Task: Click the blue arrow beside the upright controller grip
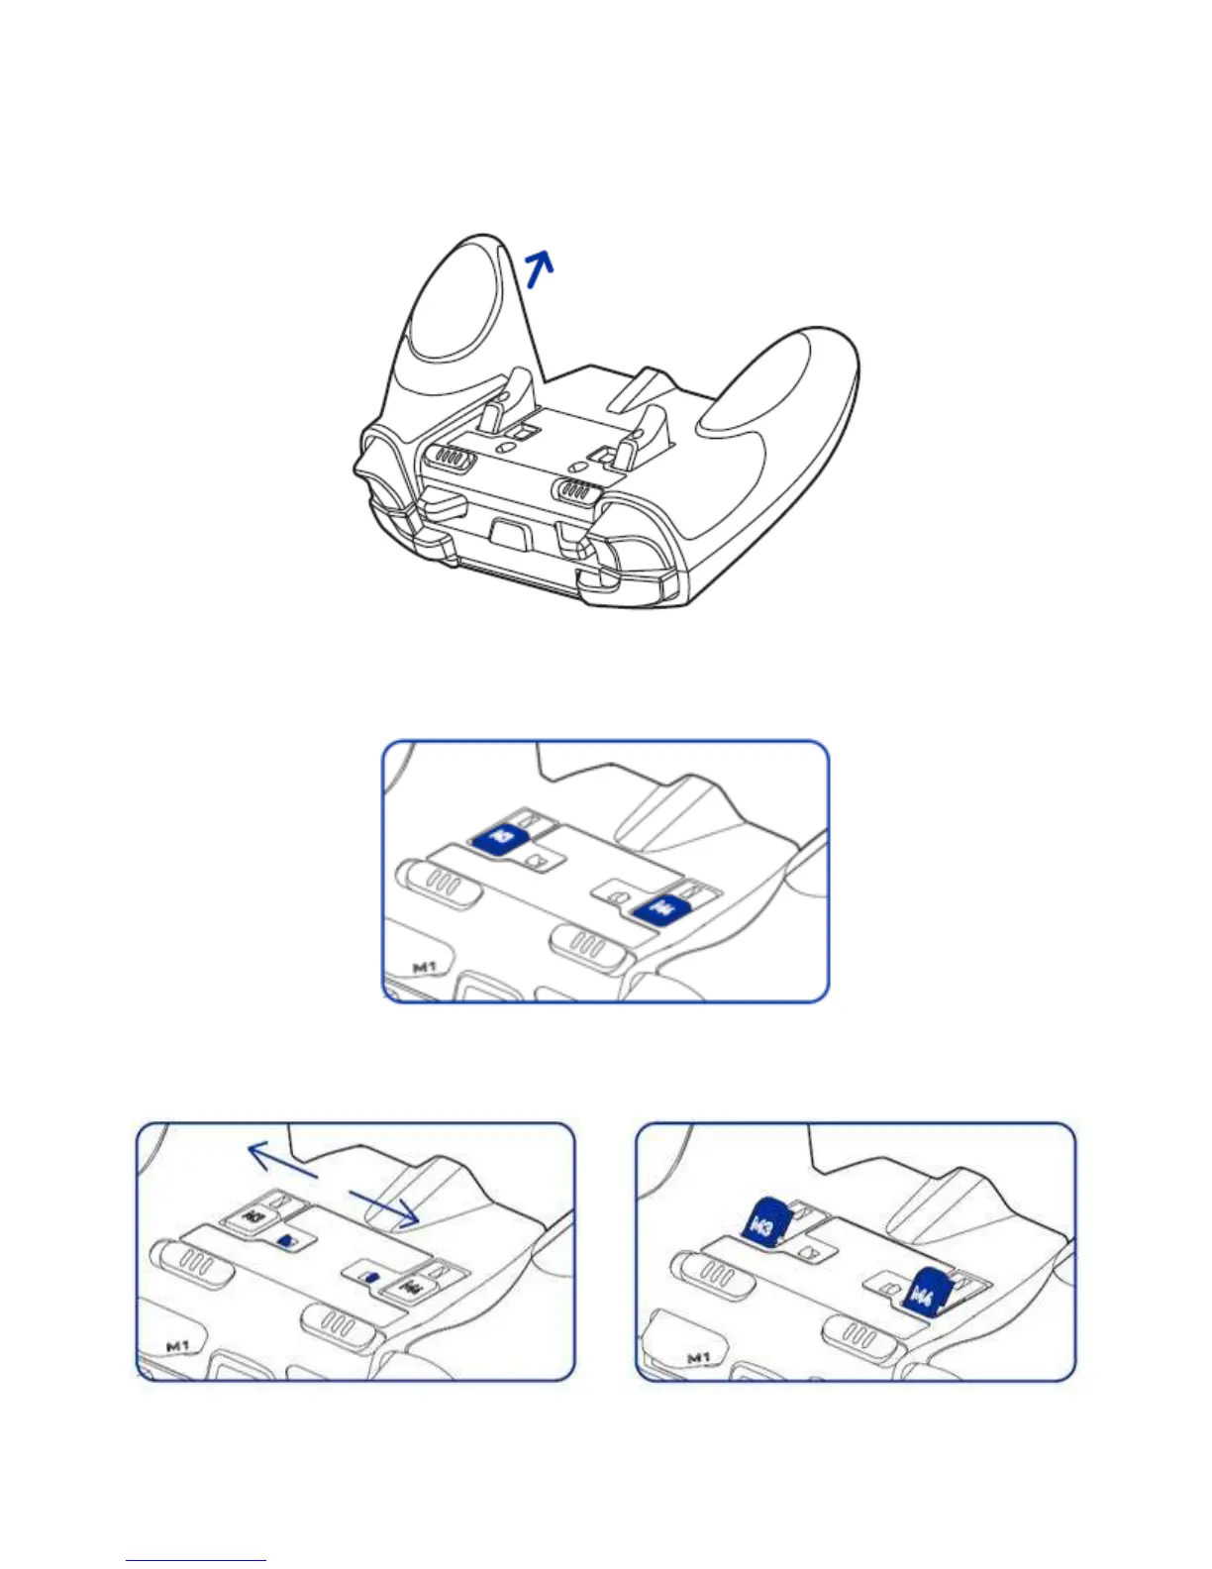[539, 267]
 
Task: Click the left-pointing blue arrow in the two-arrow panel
[281, 1159]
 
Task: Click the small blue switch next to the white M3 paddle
[287, 1239]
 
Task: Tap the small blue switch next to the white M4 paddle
[370, 1277]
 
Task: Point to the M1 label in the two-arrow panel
[177, 1345]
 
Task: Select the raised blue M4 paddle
[927, 1291]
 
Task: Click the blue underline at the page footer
[196, 1561]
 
